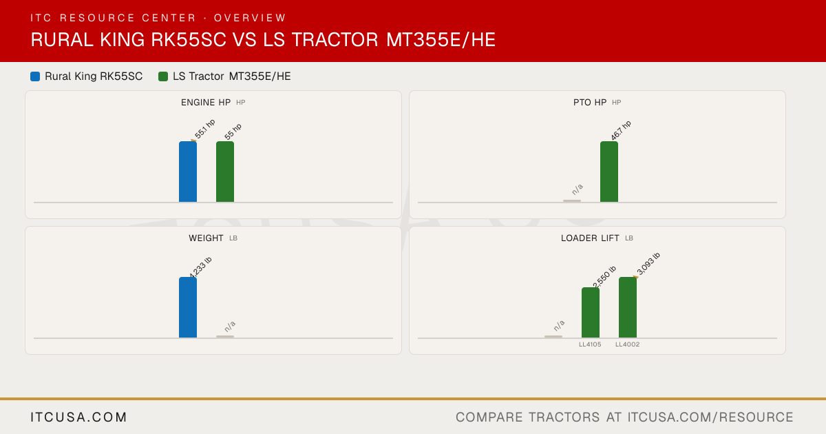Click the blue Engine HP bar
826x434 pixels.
(188, 172)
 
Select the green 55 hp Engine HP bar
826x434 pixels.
(225, 172)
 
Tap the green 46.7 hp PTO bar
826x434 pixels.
(608, 172)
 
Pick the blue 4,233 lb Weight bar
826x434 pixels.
(188, 307)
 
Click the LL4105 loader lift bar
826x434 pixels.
(591, 313)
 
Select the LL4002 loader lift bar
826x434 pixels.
(628, 307)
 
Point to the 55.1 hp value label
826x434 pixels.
(204, 130)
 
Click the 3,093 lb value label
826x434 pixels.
(648, 264)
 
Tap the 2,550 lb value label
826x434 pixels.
(604, 277)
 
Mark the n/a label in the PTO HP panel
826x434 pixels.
(578, 189)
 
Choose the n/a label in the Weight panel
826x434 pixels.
(230, 327)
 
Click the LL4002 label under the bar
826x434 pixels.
(628, 344)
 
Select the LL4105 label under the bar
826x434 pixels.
(590, 344)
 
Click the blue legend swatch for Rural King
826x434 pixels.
(35, 76)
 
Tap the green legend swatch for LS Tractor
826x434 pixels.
(163, 76)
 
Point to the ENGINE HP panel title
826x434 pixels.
(206, 103)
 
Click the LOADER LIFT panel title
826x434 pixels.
(590, 238)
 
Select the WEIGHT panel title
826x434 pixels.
(206, 238)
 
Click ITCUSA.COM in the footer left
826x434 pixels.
(78, 417)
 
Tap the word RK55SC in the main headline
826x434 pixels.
(189, 40)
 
